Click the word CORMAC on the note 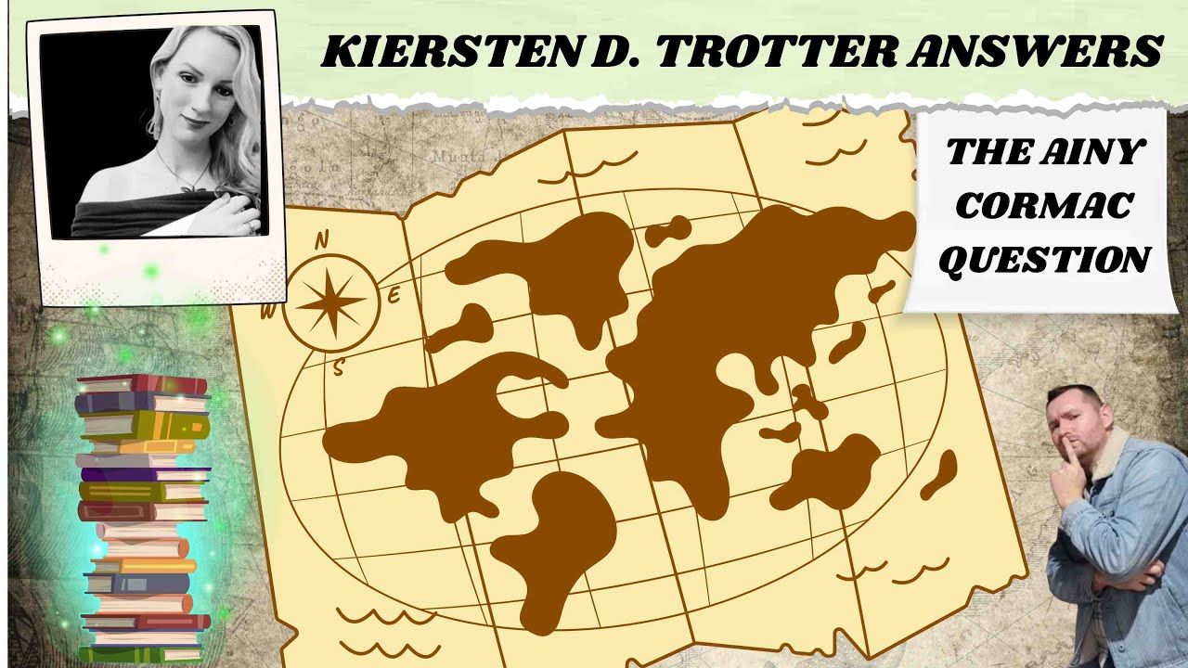pos(1043,205)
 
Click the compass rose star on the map pos(331,302)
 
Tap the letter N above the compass pos(322,240)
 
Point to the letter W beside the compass pos(267,312)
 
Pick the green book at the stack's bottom pos(139,653)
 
